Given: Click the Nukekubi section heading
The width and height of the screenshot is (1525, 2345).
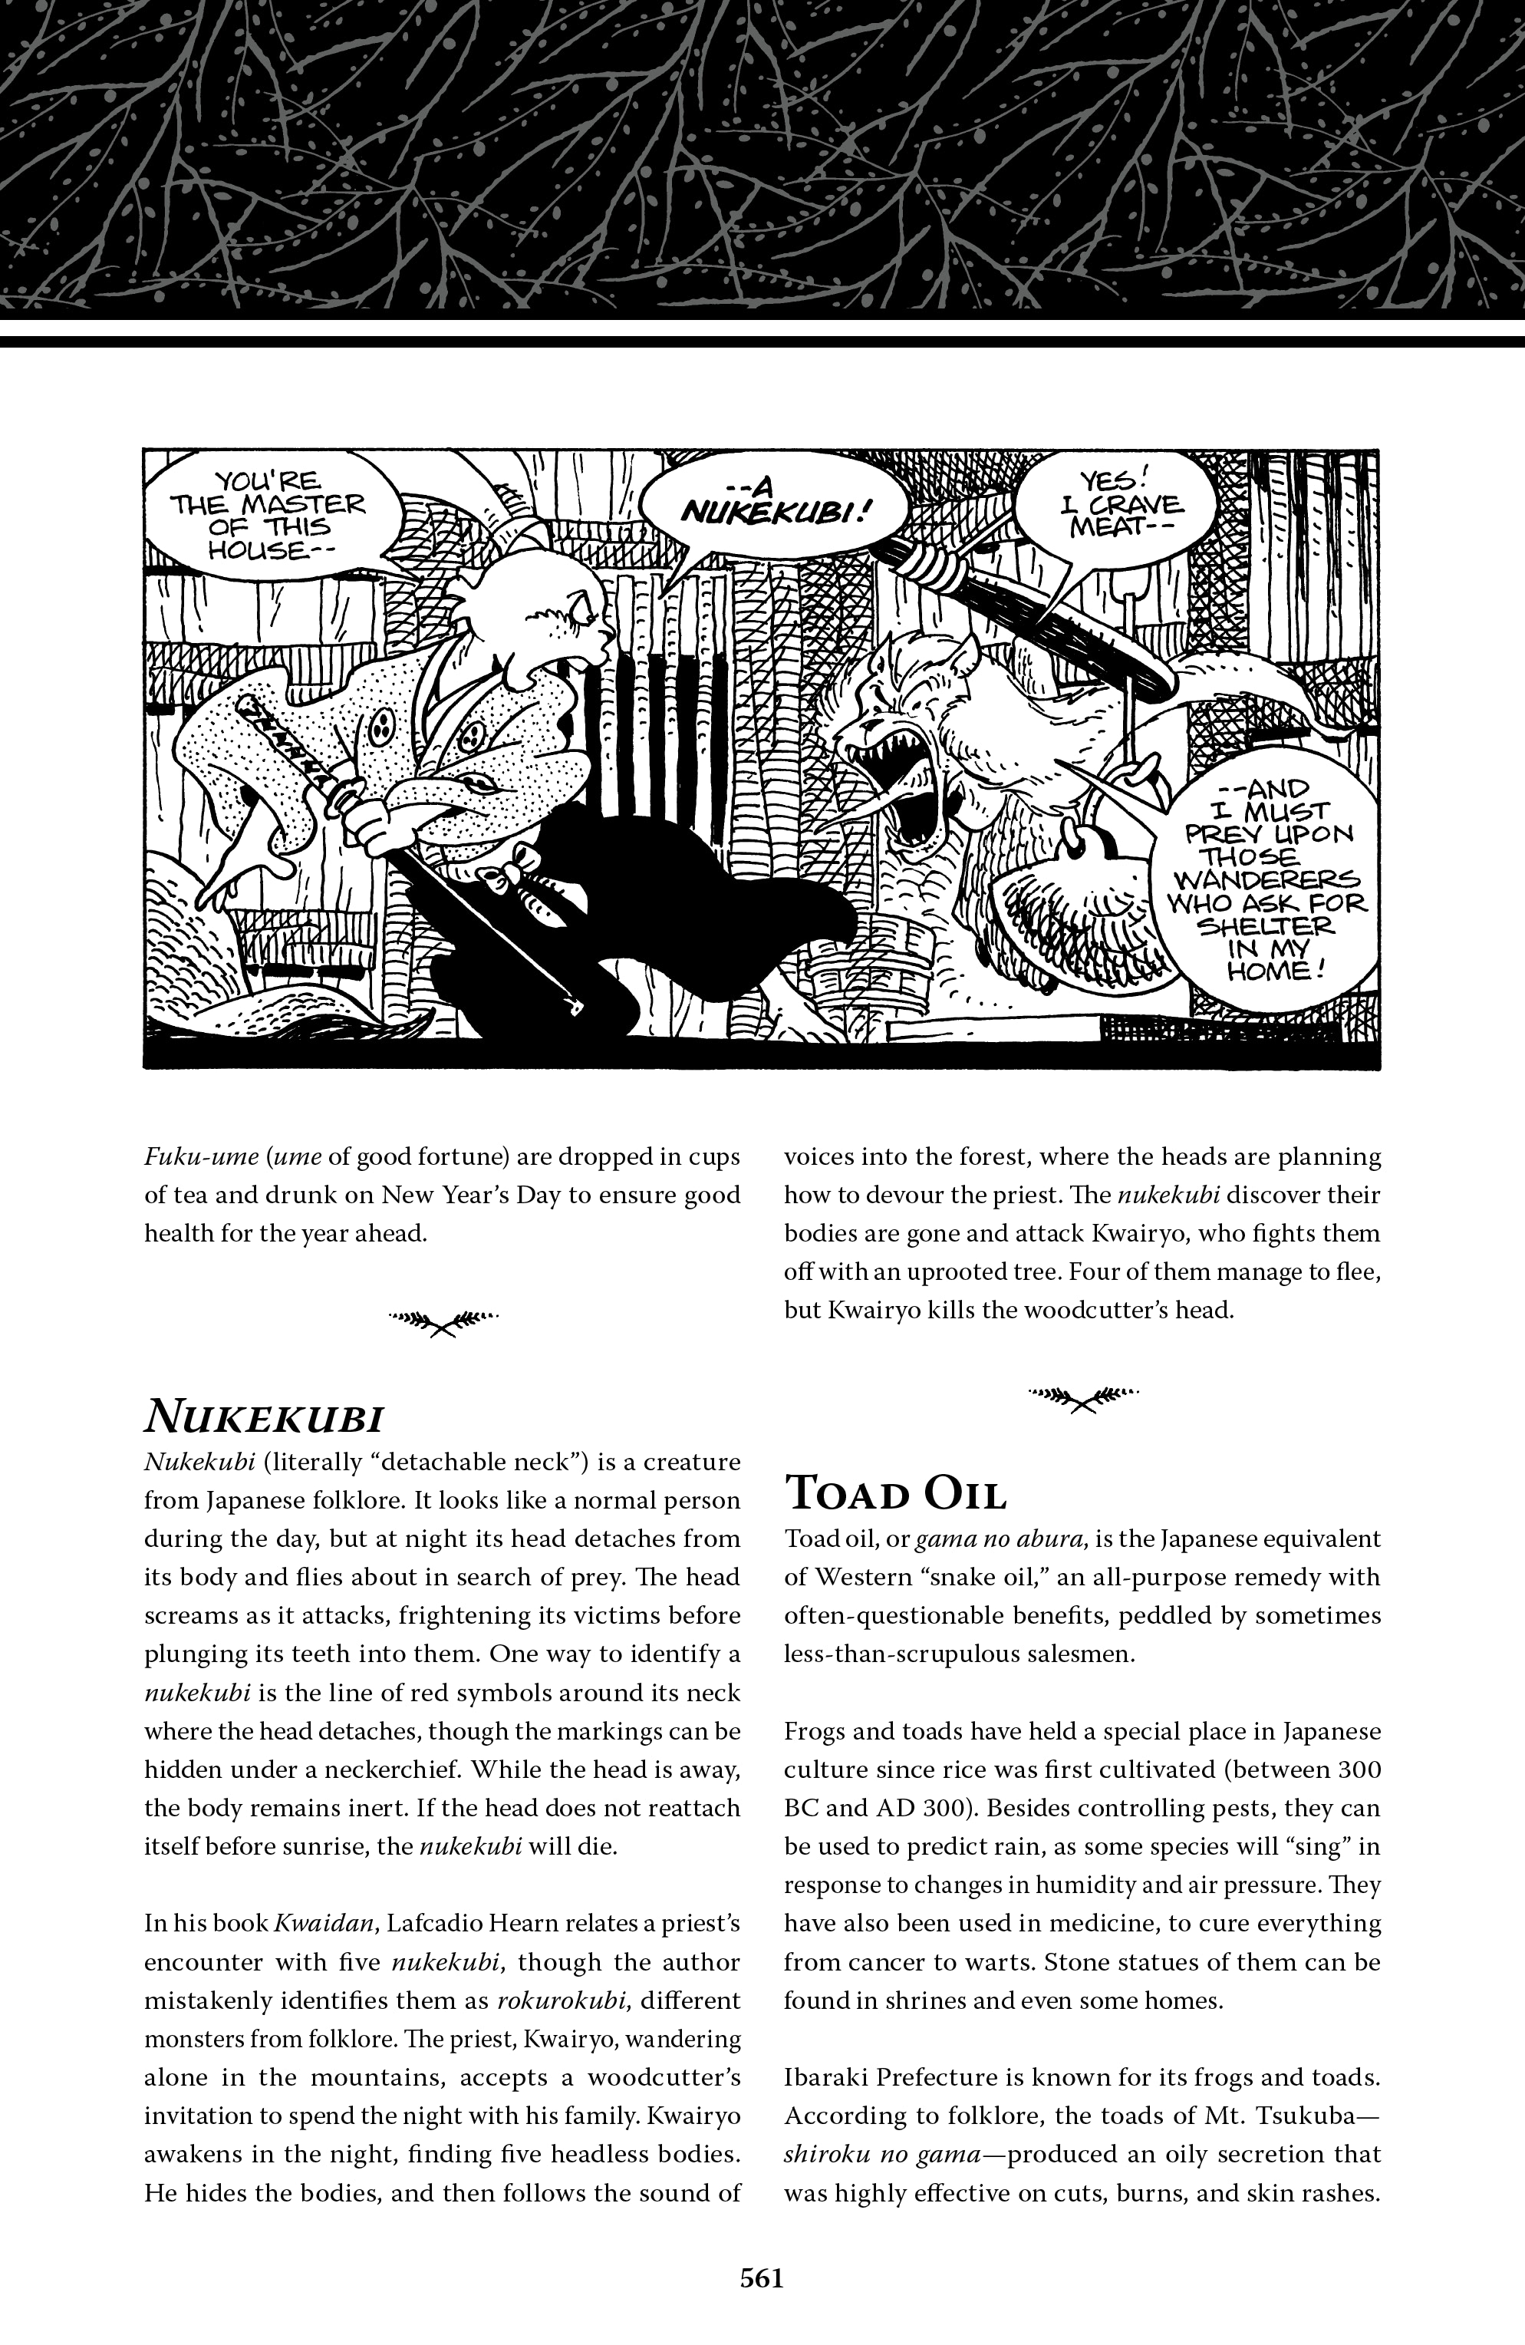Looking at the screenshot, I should [263, 1417].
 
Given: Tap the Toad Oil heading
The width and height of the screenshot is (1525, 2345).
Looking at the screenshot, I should [895, 1496].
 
